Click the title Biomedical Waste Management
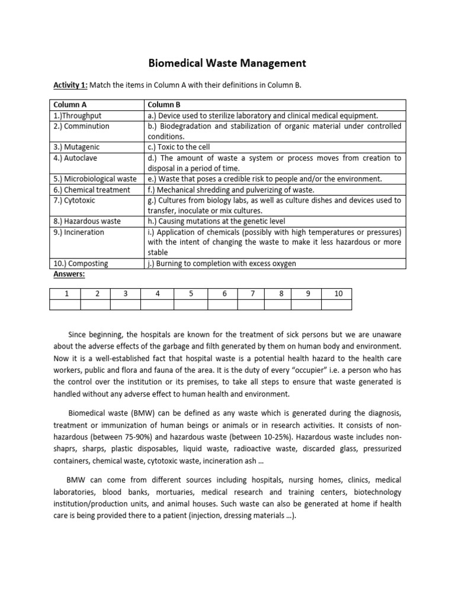(x=227, y=63)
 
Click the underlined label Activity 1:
(x=71, y=85)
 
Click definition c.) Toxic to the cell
(x=179, y=147)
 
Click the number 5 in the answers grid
(x=191, y=293)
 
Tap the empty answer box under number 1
(x=66, y=305)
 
